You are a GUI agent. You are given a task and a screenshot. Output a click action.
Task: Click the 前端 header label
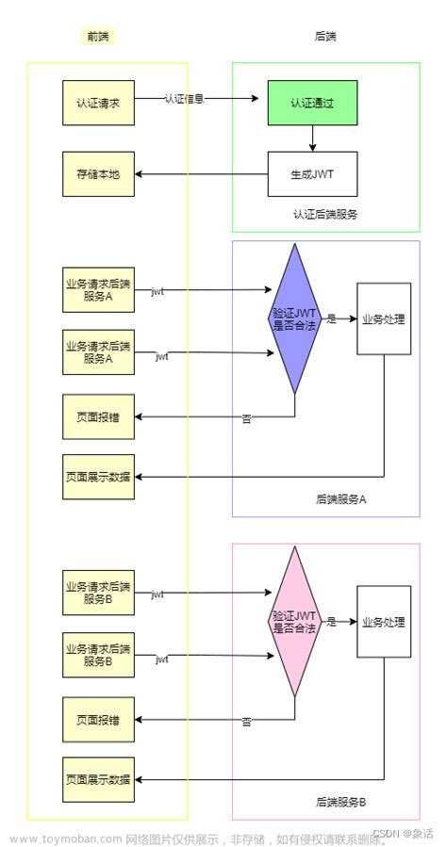pyautogui.click(x=98, y=37)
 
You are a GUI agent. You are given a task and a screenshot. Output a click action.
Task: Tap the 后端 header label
pyautogui.click(x=325, y=37)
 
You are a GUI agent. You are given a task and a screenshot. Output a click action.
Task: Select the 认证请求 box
pyautogui.click(x=99, y=99)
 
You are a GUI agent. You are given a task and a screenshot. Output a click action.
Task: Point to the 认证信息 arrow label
pyautogui.click(x=185, y=98)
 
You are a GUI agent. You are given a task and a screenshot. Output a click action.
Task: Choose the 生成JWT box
pyautogui.click(x=313, y=174)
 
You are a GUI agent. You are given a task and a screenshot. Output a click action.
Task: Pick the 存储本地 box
pyautogui.click(x=99, y=174)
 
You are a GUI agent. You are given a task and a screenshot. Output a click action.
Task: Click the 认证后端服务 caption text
pyautogui.click(x=325, y=215)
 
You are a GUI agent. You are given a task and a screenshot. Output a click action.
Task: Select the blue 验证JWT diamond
pyautogui.click(x=294, y=318)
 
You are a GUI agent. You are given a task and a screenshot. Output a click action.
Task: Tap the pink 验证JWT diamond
pyautogui.click(x=294, y=623)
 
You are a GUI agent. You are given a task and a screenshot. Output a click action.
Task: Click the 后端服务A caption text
pyautogui.click(x=340, y=499)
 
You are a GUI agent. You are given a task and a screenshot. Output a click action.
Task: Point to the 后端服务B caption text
pyautogui.click(x=340, y=802)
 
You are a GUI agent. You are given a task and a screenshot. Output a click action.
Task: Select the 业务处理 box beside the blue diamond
pyautogui.click(x=384, y=318)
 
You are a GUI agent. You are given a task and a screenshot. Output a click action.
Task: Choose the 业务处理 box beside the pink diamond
pyautogui.click(x=384, y=623)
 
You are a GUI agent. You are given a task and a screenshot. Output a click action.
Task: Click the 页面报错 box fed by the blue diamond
pyautogui.click(x=99, y=415)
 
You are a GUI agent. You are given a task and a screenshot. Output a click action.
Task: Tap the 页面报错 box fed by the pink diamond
pyautogui.click(x=99, y=720)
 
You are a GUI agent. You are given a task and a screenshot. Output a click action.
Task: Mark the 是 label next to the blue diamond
pyautogui.click(x=331, y=319)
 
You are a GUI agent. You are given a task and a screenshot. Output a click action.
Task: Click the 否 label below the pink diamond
pyautogui.click(x=246, y=722)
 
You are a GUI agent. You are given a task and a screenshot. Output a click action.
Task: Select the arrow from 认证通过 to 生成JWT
pyautogui.click(x=313, y=137)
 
